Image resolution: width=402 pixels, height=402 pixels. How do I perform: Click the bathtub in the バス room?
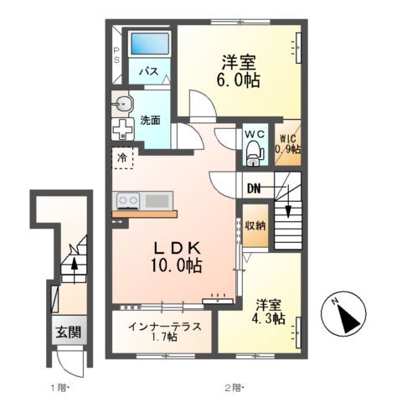(150, 44)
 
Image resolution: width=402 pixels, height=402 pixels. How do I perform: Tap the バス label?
(150, 72)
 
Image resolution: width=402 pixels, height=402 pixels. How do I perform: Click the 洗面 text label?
(151, 119)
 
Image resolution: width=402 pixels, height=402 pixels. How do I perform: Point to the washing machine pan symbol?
(123, 131)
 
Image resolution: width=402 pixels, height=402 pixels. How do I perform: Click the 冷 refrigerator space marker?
(122, 157)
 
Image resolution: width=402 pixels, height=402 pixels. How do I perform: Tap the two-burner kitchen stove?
(128, 200)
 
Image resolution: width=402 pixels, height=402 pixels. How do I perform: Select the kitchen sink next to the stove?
(157, 200)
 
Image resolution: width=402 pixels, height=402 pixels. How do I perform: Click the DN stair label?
(253, 189)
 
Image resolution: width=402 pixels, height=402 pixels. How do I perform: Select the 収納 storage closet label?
(255, 225)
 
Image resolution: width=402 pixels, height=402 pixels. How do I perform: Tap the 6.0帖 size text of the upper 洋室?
(239, 80)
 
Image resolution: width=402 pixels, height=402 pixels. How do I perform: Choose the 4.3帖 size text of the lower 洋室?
(267, 318)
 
